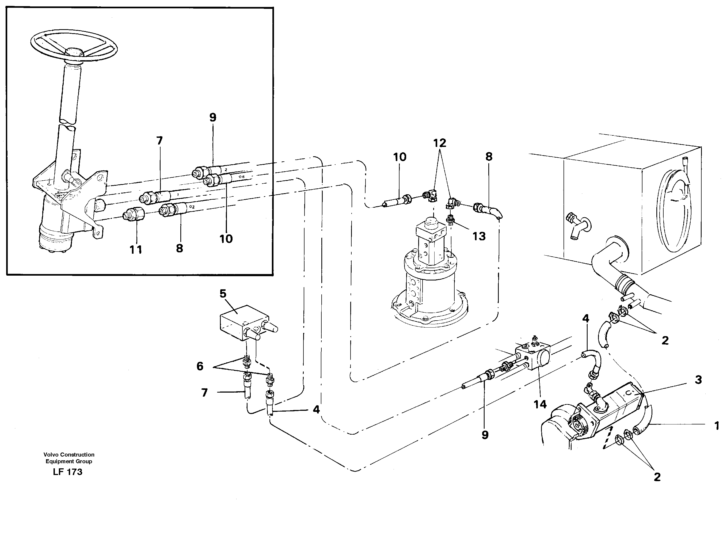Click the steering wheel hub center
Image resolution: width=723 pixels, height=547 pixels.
click(x=74, y=52)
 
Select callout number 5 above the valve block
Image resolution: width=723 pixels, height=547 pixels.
click(x=223, y=294)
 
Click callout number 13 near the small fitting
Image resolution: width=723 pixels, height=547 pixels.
click(x=479, y=236)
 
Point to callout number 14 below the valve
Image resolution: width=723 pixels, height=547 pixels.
click(x=540, y=404)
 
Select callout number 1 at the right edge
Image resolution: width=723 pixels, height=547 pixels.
click(x=717, y=426)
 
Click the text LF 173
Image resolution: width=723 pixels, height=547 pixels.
click(x=68, y=472)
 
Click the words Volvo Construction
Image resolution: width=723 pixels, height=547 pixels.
click(x=69, y=454)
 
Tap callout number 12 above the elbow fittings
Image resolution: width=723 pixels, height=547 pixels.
click(x=440, y=143)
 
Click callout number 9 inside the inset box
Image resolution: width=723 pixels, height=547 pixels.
click(x=213, y=117)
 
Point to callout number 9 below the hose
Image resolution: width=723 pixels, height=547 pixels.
click(x=485, y=435)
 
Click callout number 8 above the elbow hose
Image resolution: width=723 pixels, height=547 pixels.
click(x=489, y=156)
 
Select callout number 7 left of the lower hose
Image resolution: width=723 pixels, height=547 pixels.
click(x=204, y=392)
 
